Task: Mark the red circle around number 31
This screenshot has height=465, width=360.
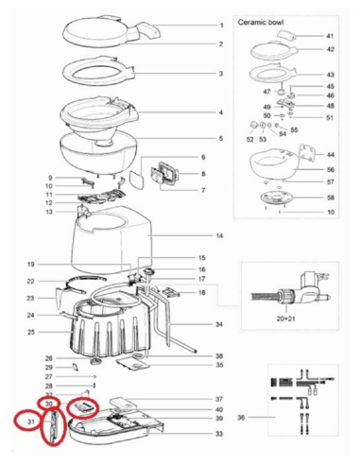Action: pyautogui.click(x=30, y=421)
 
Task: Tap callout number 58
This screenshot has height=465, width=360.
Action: pyautogui.click(x=331, y=197)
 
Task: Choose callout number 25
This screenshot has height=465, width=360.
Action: pyautogui.click(x=30, y=332)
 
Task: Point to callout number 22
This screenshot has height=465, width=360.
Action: pyautogui.click(x=30, y=282)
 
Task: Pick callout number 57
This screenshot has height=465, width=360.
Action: pyautogui.click(x=331, y=181)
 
